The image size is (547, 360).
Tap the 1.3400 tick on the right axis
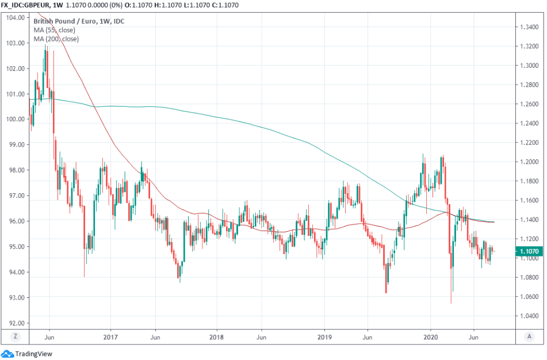[x=529, y=27]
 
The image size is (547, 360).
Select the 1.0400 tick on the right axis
[x=529, y=316]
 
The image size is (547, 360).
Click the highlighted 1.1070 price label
[x=529, y=251]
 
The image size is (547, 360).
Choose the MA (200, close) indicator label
[x=56, y=39]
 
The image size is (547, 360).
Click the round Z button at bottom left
[x=15, y=336]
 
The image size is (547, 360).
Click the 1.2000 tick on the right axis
[x=529, y=162]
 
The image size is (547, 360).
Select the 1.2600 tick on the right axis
[x=529, y=104]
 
